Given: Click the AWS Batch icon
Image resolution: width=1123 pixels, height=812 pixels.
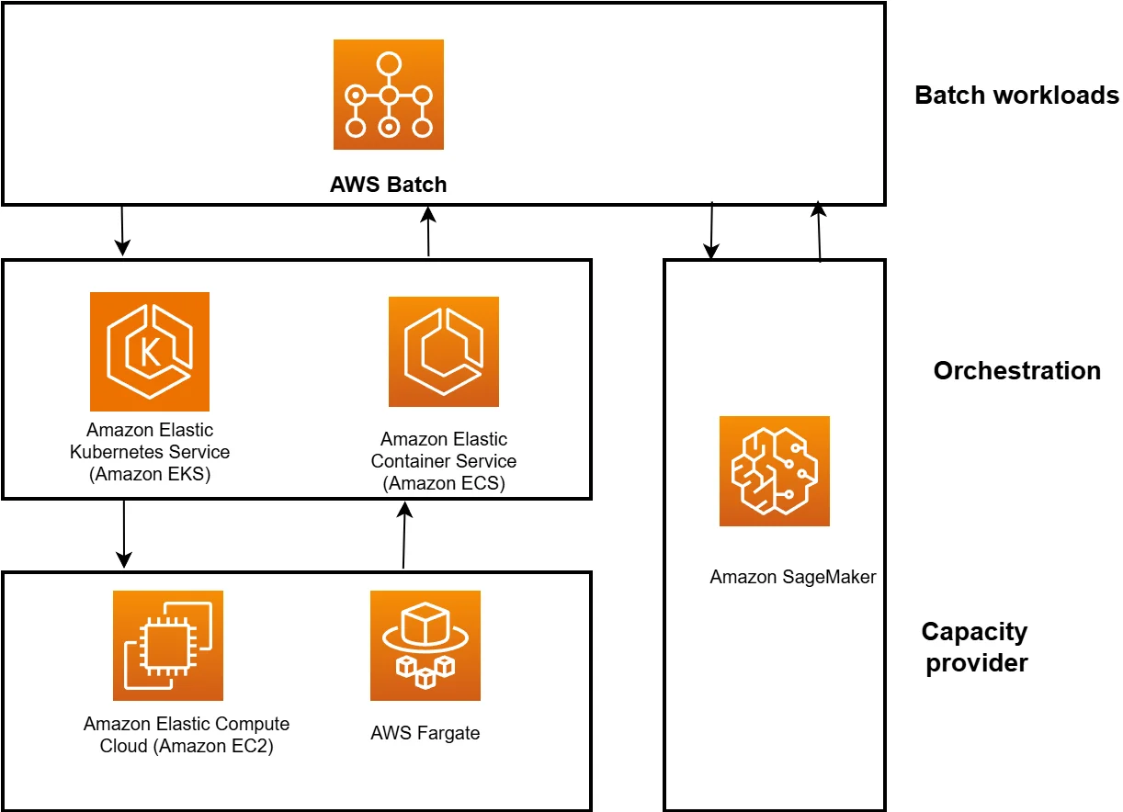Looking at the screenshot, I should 388,95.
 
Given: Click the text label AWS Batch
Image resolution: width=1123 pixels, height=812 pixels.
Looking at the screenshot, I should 388,185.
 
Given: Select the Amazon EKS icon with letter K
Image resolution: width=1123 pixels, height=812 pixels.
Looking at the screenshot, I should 150,352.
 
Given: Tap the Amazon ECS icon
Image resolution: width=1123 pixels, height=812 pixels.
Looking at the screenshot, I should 444,352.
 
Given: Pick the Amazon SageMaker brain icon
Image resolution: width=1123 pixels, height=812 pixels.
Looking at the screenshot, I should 774,471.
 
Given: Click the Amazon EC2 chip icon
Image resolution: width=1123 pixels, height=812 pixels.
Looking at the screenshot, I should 168,646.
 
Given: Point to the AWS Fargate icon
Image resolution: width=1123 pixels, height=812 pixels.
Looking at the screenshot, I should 425,646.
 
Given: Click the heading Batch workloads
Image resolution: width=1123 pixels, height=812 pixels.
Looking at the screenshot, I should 1016,96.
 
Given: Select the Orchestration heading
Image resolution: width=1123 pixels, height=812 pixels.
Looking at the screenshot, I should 1016,371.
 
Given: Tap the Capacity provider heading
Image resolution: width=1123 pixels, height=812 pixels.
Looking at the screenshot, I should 975,648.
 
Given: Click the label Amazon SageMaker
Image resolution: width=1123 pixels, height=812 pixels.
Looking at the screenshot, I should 793,578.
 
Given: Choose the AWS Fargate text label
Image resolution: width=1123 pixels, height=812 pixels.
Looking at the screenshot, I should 425,733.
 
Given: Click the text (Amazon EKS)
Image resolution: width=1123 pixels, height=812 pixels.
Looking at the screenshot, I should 150,474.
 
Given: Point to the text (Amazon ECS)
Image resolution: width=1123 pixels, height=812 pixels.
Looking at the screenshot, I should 444,483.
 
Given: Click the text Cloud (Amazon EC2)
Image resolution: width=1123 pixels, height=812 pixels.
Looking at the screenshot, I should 187,746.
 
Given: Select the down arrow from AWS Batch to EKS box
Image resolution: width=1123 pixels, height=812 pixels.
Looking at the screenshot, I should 122,231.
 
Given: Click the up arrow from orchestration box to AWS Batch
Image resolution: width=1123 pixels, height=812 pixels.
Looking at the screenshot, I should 428,231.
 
